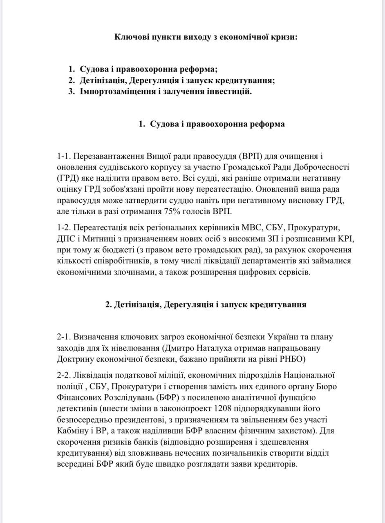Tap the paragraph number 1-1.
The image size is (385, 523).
click(x=65, y=156)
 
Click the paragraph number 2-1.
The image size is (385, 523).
click(x=65, y=337)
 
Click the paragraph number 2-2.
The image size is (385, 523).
click(x=65, y=375)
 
